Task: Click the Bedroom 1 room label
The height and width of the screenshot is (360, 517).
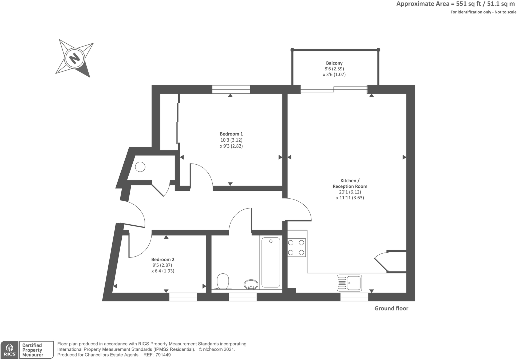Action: (231, 134)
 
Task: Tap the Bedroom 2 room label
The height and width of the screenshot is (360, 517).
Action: (163, 259)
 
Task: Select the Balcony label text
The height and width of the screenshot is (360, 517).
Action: (334, 63)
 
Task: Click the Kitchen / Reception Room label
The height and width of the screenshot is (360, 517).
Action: (350, 183)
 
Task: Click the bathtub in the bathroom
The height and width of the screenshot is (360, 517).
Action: (271, 262)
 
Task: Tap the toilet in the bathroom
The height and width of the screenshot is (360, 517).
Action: (223, 281)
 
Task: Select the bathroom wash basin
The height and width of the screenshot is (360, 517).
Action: (251, 284)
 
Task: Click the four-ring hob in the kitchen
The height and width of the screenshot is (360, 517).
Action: (296, 248)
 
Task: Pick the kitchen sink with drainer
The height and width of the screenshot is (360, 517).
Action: (349, 283)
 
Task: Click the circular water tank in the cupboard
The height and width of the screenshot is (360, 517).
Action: (140, 167)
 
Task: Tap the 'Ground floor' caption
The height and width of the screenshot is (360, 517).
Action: (391, 308)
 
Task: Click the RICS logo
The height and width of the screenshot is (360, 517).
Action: (9, 350)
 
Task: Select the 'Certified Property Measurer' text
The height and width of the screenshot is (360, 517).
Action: (32, 350)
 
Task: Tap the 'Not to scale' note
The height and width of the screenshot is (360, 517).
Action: (505, 12)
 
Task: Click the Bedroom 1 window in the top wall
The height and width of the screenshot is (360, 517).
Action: (231, 89)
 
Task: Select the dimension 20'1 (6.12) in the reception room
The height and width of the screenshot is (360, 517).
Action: (350, 192)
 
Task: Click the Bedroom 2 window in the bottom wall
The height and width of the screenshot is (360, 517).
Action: (183, 297)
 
